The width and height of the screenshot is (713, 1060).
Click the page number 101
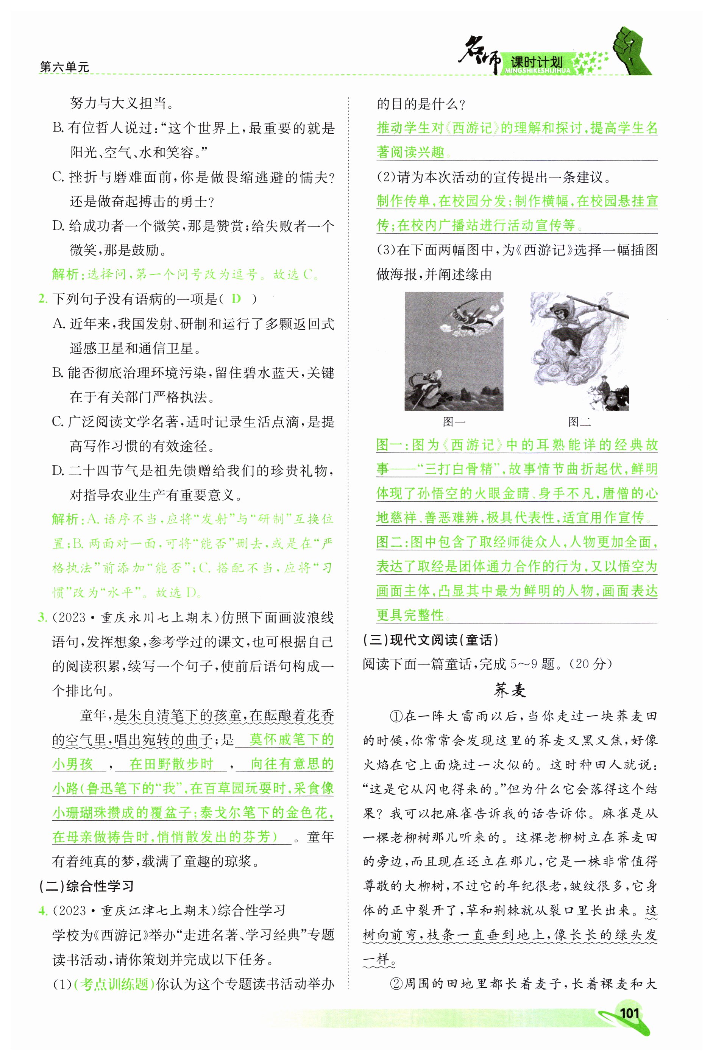pos(629,1013)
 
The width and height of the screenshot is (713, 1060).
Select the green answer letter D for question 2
pos(236,299)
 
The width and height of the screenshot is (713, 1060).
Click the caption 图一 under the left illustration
pos(453,422)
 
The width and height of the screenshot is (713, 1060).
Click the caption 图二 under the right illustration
pos(579,422)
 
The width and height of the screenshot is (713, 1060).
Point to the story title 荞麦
pos(510,690)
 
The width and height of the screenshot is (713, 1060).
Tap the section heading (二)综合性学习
pos(86,886)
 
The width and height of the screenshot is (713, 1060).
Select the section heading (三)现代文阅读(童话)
pos(430,640)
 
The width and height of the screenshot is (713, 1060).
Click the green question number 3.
pos(42,617)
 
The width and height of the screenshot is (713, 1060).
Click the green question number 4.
pos(43,910)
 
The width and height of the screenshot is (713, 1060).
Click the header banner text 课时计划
pos(537,62)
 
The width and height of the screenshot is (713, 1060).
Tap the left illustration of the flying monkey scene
pos(454,351)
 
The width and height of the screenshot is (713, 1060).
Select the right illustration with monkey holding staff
pos(579,351)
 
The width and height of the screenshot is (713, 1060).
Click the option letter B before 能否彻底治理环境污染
pos(57,373)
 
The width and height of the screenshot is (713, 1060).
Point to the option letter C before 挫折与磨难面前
pos(57,177)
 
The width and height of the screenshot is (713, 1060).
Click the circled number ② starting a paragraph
pos(396,984)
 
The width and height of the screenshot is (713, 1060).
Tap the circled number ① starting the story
pos(396,716)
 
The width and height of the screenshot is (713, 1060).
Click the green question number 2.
pos(42,299)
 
